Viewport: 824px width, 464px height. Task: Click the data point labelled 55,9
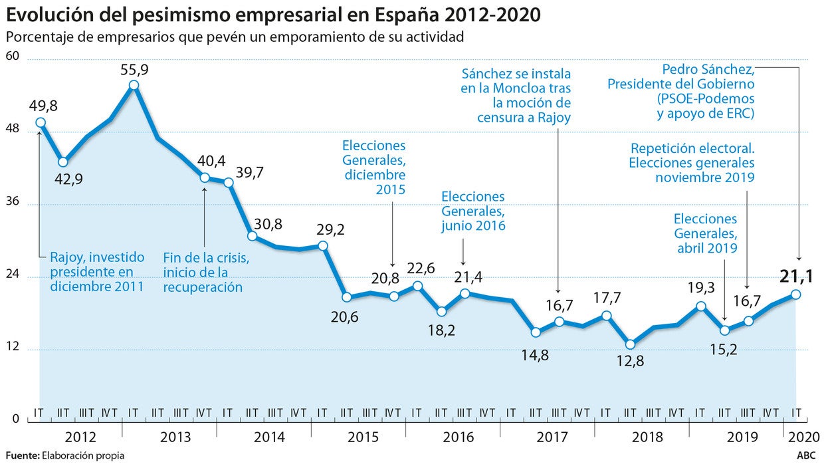pyautogui.click(x=134, y=85)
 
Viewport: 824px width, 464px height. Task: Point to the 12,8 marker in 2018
pyautogui.click(x=631, y=344)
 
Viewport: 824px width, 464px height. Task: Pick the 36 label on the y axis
pyautogui.click(x=13, y=203)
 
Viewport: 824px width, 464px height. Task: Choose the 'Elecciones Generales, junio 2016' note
pyautogui.click(x=472, y=211)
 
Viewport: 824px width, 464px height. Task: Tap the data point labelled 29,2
pyautogui.click(x=323, y=246)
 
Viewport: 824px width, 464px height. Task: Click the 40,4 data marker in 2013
pyautogui.click(x=205, y=177)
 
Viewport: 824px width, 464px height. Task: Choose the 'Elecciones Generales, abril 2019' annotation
pyautogui.click(x=705, y=233)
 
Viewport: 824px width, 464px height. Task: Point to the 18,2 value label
pyautogui.click(x=441, y=330)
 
